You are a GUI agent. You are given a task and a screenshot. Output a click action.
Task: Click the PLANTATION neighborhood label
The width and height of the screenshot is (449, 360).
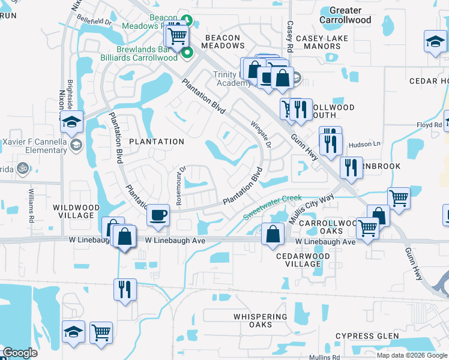coord(157,142)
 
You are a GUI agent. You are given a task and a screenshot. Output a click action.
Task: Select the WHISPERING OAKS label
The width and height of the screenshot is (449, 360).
coord(261,320)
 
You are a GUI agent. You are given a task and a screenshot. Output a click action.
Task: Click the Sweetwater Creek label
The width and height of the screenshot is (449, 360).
coord(272,206)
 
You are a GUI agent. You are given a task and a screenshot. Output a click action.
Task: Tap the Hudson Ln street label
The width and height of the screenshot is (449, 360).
coord(365,144)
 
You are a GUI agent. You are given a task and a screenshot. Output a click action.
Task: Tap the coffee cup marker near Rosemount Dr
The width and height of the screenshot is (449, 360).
coord(158,214)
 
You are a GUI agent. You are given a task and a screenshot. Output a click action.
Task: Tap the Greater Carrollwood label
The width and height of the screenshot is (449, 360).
coord(345,15)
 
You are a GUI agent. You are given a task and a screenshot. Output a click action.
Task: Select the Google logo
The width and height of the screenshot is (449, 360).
coord(20,353)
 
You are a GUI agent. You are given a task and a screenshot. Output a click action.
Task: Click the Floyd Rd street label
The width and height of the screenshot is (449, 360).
coord(429,125)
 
